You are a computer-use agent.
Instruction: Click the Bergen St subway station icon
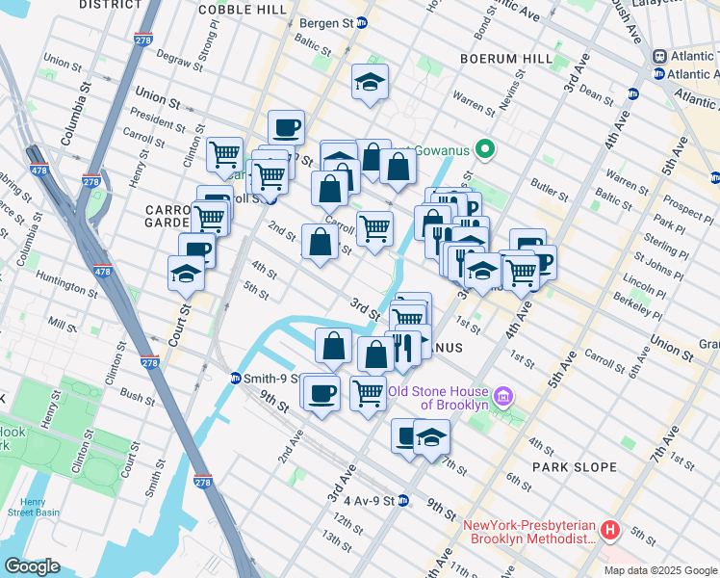tap(362, 22)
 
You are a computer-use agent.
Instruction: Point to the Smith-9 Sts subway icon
tap(236, 379)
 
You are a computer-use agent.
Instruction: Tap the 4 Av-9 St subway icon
tap(403, 501)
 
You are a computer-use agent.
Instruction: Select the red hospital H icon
tap(608, 531)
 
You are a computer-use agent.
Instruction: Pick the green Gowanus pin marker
tap(485, 148)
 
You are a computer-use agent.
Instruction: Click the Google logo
tap(32, 566)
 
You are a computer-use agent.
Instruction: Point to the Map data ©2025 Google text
tap(659, 570)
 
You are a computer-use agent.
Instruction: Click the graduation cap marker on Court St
tap(186, 274)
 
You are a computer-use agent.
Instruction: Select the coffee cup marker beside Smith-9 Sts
tap(321, 391)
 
